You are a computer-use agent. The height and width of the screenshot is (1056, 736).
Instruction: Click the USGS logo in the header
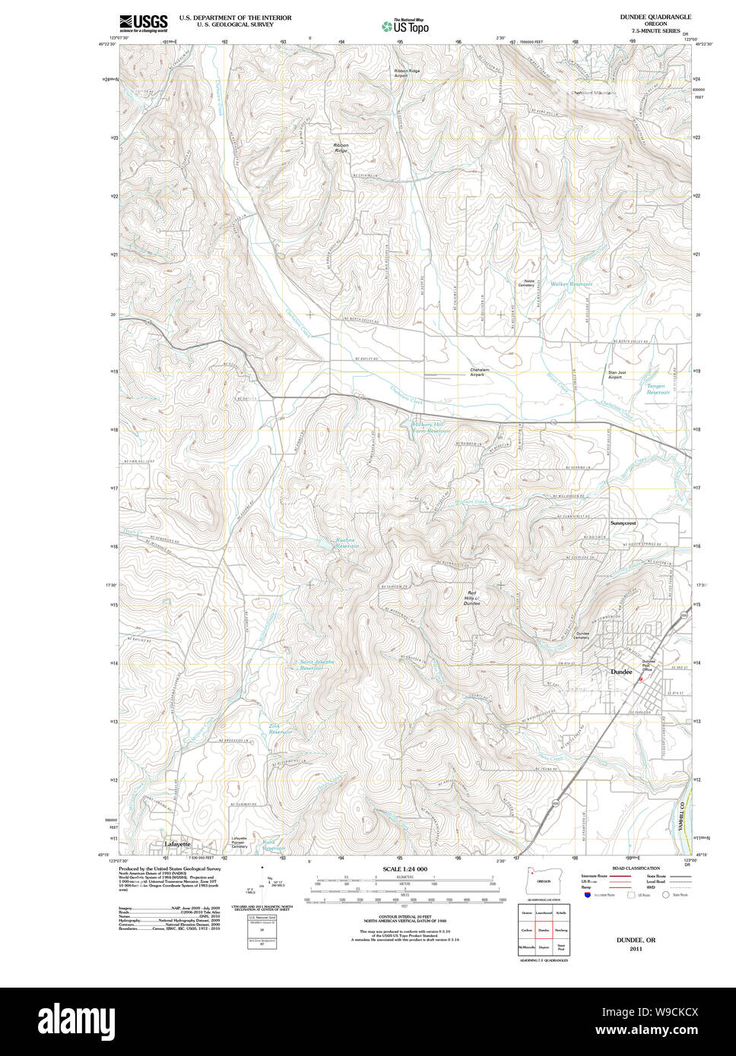pos(143,23)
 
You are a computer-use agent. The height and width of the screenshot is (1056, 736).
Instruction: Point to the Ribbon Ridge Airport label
pos(407,73)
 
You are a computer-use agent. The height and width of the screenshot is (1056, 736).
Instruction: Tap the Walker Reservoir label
pos(571,283)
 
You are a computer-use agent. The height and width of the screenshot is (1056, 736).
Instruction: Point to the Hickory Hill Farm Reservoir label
pos(431,428)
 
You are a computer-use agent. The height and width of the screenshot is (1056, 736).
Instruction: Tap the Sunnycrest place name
pos(623,523)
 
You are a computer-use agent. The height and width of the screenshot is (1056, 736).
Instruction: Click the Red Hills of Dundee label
pos(472,597)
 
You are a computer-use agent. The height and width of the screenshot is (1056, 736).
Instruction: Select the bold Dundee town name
pos(622,672)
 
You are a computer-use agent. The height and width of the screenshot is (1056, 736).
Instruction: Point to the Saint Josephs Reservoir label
pos(313,664)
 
